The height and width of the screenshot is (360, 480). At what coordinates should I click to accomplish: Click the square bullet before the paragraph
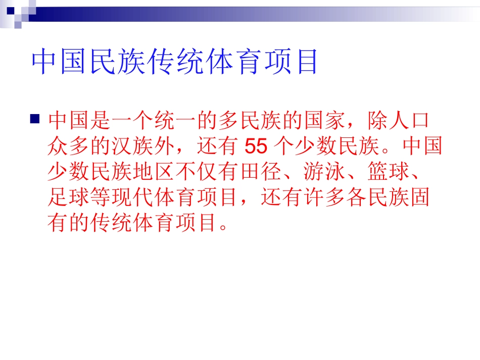pyautogui.click(x=34, y=120)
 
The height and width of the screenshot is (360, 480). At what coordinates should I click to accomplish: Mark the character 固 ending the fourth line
pyautogui.click(x=421, y=197)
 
